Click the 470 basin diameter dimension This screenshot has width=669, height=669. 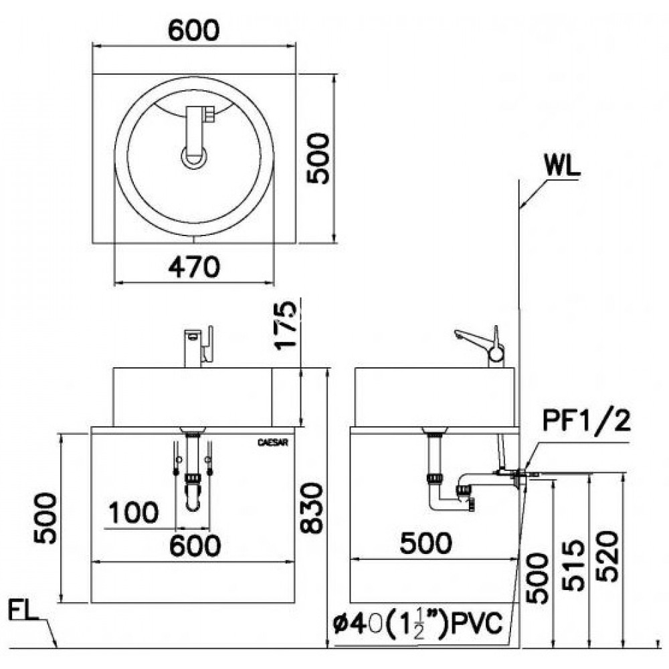(x=193, y=267)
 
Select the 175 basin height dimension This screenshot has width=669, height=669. (x=286, y=326)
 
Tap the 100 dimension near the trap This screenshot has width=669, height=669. (x=133, y=513)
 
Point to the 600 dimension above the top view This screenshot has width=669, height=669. (x=193, y=29)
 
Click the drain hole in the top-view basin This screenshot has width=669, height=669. (x=195, y=157)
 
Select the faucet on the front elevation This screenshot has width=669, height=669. (x=199, y=346)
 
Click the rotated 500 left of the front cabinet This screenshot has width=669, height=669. (x=45, y=518)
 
